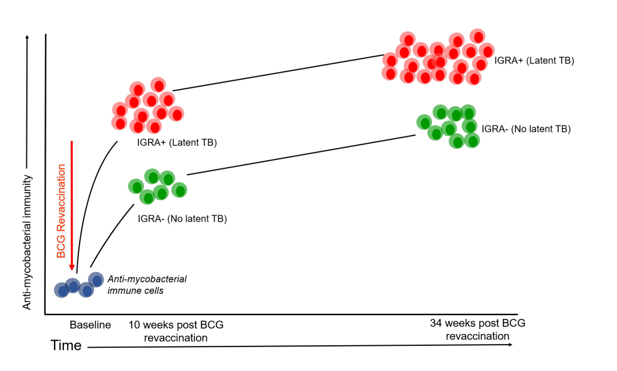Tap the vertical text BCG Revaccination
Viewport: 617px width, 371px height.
pyautogui.click(x=61, y=211)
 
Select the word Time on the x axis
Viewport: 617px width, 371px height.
pyautogui.click(x=66, y=345)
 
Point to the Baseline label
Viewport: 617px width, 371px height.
pyautogui.click(x=90, y=325)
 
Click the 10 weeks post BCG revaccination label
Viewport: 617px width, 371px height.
pyautogui.click(x=176, y=331)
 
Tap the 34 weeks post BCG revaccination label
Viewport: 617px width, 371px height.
pyautogui.click(x=477, y=330)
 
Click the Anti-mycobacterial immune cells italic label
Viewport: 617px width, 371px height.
pyautogui.click(x=147, y=285)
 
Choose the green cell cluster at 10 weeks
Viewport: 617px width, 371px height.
pyautogui.click(x=157, y=186)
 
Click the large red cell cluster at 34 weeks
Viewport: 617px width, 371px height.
pyautogui.click(x=435, y=58)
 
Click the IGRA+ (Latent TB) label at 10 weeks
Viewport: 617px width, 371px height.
pyautogui.click(x=177, y=142)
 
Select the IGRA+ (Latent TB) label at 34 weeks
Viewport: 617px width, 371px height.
pyautogui.click(x=534, y=61)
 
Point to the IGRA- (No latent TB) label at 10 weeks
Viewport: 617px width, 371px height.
pyautogui.click(x=182, y=219)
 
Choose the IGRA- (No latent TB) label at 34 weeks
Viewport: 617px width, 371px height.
pyautogui.click(x=526, y=129)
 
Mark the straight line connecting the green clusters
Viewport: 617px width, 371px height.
pyautogui.click(x=301, y=148)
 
